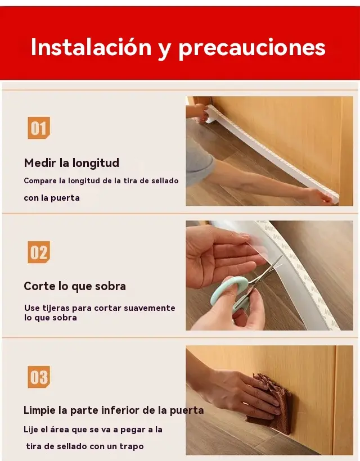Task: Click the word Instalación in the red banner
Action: [91, 47]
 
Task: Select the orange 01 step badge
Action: [39, 128]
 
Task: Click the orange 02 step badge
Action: [39, 252]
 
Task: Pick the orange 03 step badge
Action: [39, 377]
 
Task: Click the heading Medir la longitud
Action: [71, 163]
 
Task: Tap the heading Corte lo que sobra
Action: [75, 286]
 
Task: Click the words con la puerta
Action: [52, 198]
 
